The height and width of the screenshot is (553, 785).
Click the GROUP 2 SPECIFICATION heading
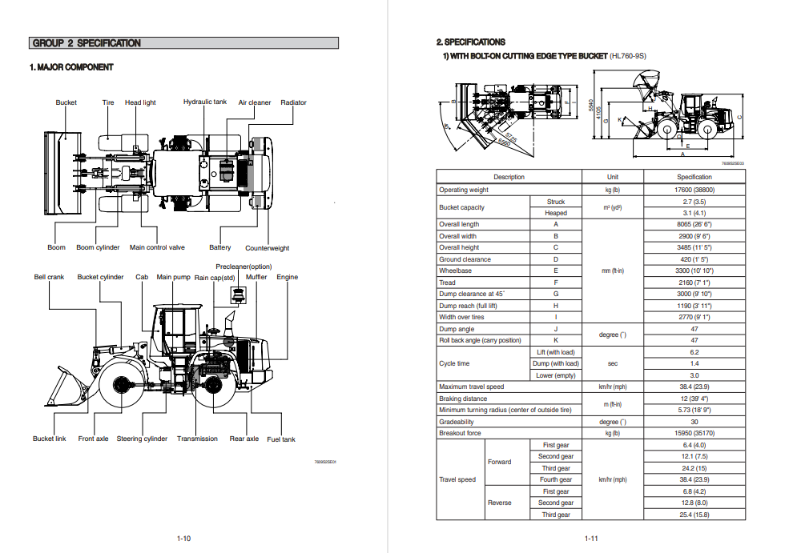[x=87, y=43]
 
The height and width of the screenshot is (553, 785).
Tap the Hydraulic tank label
[x=205, y=102]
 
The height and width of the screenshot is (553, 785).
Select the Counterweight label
[x=267, y=248]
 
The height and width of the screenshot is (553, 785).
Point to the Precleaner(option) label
[x=244, y=266]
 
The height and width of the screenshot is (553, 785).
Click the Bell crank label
[x=49, y=278]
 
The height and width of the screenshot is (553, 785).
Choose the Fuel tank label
[x=281, y=439]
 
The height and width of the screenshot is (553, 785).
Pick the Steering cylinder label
[x=143, y=439]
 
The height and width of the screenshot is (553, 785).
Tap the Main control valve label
[x=157, y=248]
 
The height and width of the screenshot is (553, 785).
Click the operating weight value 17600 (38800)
[x=694, y=190]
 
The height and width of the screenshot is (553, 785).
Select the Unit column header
[x=613, y=177]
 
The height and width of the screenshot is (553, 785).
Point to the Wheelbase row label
[x=455, y=271]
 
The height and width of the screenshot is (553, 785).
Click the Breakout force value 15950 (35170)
[x=694, y=434]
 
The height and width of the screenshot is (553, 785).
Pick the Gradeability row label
[x=457, y=422]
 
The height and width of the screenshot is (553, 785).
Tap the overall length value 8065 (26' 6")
[x=694, y=225]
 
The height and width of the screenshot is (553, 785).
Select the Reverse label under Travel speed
[x=500, y=503]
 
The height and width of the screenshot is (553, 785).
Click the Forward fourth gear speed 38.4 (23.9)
[x=694, y=480]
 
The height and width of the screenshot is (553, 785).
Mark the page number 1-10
[x=183, y=539]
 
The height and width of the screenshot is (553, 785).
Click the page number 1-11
[x=592, y=539]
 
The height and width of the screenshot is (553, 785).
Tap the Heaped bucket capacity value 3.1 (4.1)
[x=694, y=214]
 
